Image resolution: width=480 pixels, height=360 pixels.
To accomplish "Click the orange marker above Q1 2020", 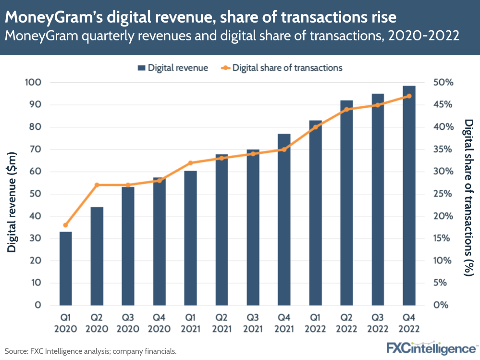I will pyautogui.click(x=65, y=225).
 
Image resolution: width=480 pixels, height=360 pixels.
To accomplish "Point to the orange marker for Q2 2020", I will pyautogui.click(x=97, y=185).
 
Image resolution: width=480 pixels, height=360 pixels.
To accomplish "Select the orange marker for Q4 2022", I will pyautogui.click(x=409, y=96).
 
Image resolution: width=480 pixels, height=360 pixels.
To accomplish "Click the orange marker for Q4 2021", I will pyautogui.click(x=284, y=149).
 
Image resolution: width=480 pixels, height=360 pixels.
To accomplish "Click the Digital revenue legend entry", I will pyautogui.click(x=173, y=68).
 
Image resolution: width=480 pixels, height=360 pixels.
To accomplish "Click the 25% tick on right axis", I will pyautogui.click(x=443, y=194).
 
